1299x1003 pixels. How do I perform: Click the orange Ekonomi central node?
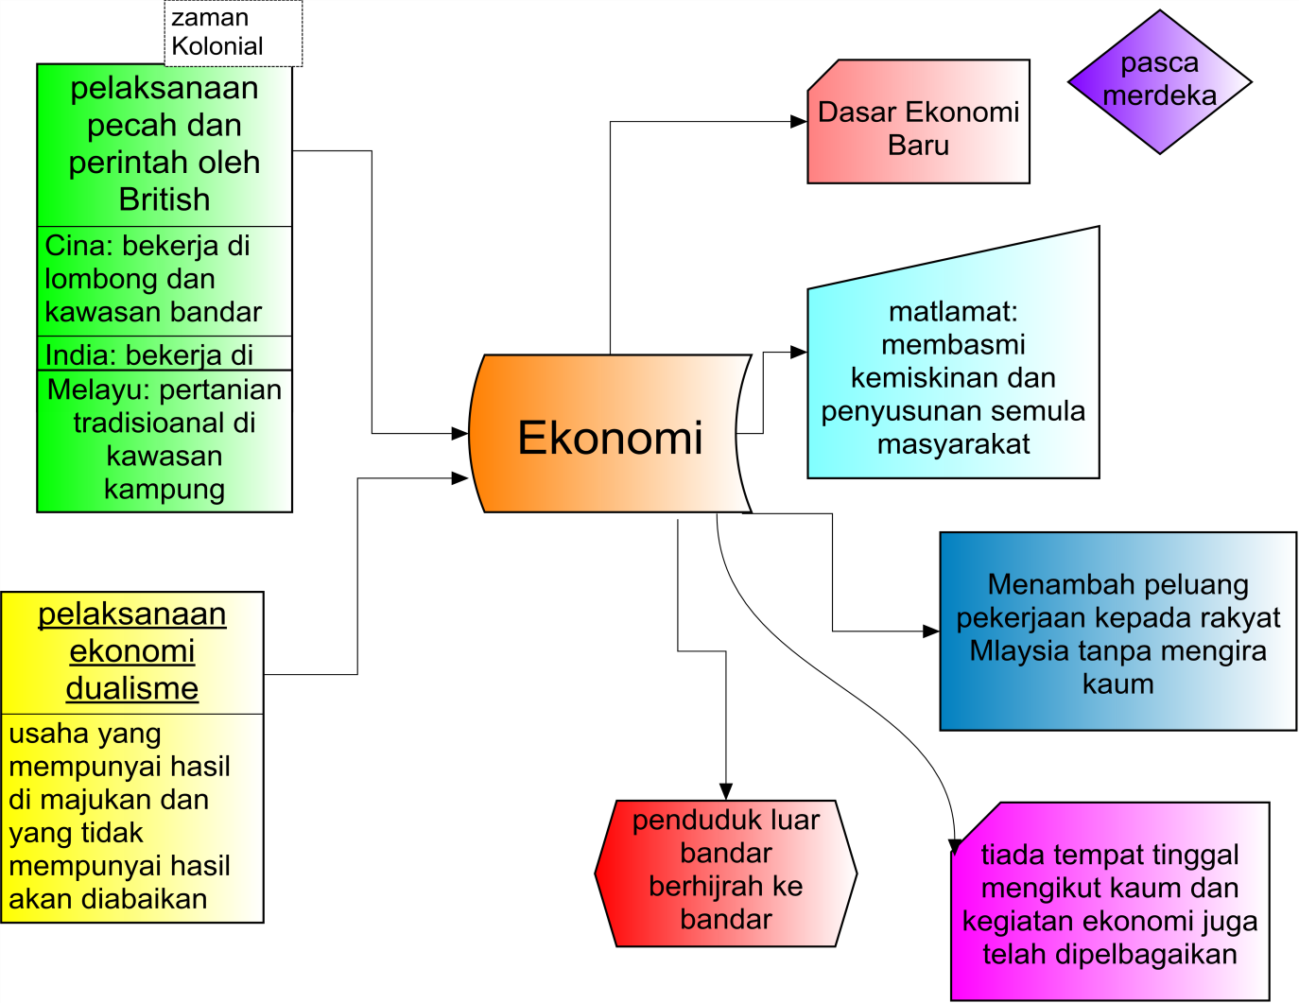610,436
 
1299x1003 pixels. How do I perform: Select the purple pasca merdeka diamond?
1159,81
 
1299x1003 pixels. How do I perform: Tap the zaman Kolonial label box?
233,33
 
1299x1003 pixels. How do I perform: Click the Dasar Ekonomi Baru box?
918,127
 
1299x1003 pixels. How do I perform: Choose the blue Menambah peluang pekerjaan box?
1117,631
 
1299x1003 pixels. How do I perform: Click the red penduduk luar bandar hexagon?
725,872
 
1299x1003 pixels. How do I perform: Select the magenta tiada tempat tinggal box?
1110,903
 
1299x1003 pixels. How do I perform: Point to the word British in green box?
165,199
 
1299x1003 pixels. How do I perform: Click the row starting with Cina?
165,280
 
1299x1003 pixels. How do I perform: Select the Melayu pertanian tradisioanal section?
165,440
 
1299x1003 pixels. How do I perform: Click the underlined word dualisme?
132,688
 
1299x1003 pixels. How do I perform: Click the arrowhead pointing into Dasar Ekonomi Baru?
799,122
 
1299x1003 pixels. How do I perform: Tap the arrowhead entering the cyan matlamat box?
799,352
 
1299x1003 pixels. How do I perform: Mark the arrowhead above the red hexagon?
725,791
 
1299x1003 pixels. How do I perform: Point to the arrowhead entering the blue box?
931,631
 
